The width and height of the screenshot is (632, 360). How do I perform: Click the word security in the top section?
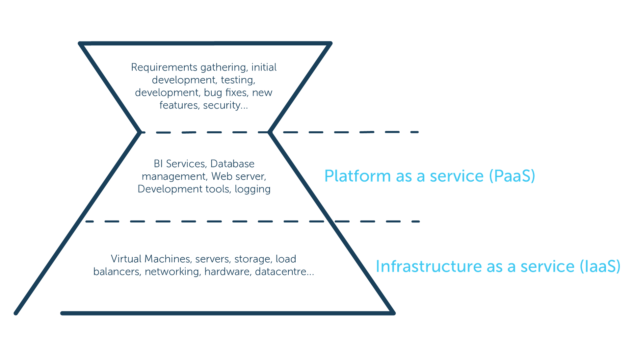tap(225, 106)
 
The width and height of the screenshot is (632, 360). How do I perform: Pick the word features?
tap(180, 106)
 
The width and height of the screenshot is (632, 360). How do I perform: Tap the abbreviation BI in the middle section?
tap(158, 164)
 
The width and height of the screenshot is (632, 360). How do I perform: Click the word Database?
tap(232, 164)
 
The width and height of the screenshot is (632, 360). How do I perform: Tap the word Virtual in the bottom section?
tap(126, 259)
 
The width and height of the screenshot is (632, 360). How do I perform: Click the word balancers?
tap(118, 272)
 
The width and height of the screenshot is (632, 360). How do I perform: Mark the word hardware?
tap(228, 272)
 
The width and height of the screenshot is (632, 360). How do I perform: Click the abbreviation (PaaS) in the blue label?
tap(512, 176)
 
